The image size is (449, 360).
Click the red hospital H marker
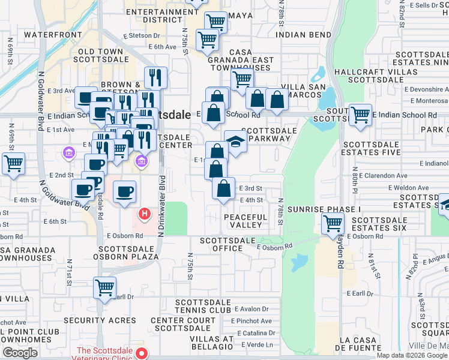click(145, 213)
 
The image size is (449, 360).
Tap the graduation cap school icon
click(236, 142)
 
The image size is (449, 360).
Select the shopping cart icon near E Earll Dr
click(104, 288)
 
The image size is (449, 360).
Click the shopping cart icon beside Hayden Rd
click(333, 224)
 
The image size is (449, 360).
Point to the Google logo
click(20, 353)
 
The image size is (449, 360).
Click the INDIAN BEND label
click(303, 35)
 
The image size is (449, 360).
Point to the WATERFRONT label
click(52, 35)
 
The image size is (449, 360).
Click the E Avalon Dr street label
click(252, 309)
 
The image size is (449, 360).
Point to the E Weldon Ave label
click(409, 188)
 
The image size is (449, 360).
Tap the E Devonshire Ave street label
click(426, 89)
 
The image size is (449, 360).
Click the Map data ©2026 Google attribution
click(412, 355)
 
